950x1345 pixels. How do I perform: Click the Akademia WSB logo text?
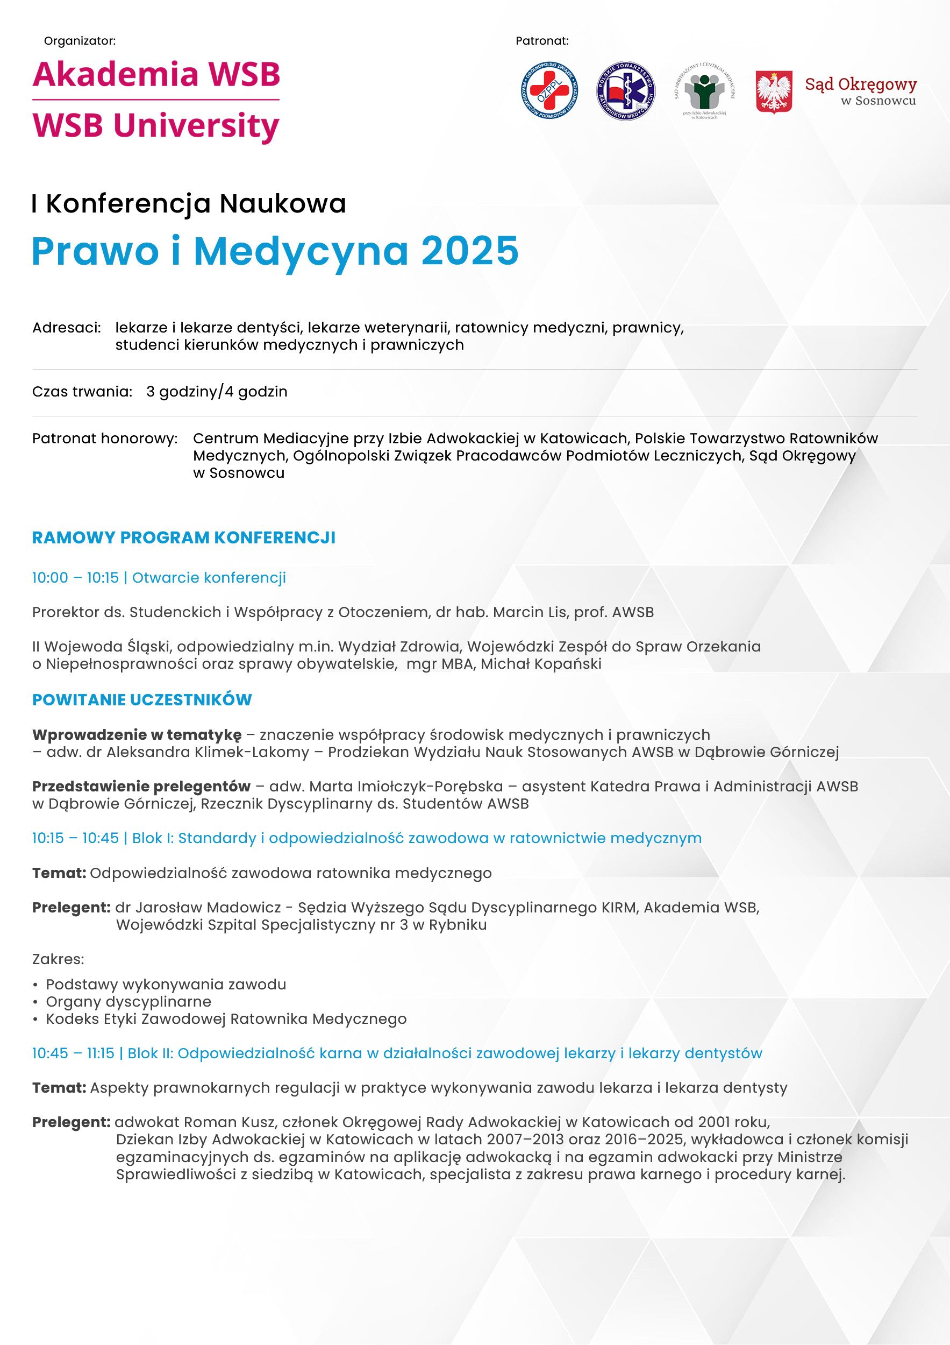tap(156, 74)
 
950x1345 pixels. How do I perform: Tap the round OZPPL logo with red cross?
tap(549, 91)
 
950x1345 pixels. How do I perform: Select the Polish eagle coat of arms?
tap(774, 92)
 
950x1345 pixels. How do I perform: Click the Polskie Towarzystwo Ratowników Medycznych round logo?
tap(625, 91)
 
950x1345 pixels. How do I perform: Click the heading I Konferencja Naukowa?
tap(189, 204)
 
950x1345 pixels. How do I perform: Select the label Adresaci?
tap(67, 328)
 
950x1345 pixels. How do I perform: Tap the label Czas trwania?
tap(82, 391)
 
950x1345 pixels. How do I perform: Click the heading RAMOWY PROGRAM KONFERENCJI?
tap(184, 538)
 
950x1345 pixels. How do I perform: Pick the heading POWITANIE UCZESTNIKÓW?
tap(142, 699)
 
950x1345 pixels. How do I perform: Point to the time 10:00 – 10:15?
tap(75, 578)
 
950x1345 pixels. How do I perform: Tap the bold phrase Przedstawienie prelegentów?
tap(141, 786)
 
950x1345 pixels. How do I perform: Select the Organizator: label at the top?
tap(80, 41)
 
